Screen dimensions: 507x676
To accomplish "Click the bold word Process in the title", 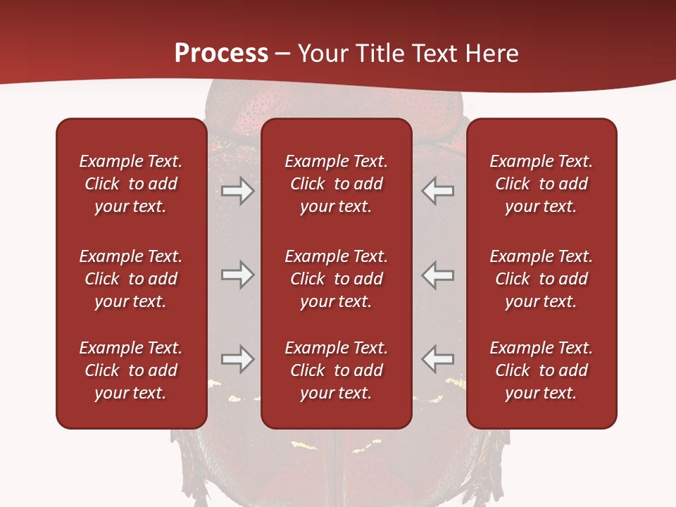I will pyautogui.click(x=221, y=54).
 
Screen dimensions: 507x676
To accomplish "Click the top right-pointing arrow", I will pyautogui.click(x=238, y=191).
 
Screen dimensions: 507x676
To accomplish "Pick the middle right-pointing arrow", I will pyautogui.click(x=238, y=275).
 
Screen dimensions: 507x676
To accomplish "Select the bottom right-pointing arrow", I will pyautogui.click(x=238, y=359).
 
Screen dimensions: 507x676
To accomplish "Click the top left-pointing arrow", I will pyautogui.click(x=437, y=191).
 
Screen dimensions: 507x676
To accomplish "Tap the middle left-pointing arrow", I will pyautogui.click(x=437, y=275).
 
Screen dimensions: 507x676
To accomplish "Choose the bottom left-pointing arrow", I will pyautogui.click(x=437, y=359).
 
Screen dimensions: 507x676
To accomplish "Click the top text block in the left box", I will pyautogui.click(x=131, y=184).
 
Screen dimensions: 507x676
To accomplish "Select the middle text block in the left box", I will pyautogui.click(x=131, y=279).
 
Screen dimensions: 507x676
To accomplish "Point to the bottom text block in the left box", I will pyautogui.click(x=131, y=370).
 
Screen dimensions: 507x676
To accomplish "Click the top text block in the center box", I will pyautogui.click(x=336, y=184).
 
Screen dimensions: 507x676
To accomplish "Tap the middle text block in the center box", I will pyautogui.click(x=336, y=279).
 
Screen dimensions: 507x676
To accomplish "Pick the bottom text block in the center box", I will pyautogui.click(x=336, y=370).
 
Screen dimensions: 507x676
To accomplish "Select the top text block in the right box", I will pyautogui.click(x=541, y=184).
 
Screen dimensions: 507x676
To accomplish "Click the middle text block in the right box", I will pyautogui.click(x=541, y=279).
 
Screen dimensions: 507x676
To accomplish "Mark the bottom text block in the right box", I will pyautogui.click(x=541, y=370).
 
